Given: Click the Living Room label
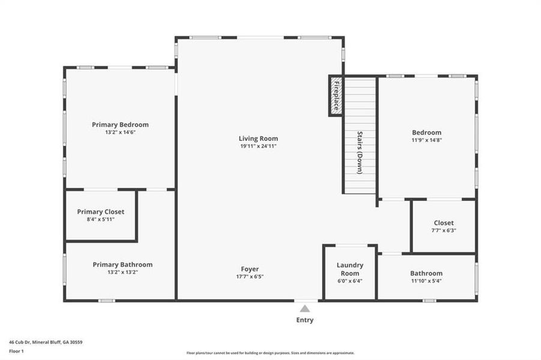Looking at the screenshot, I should tap(258, 139).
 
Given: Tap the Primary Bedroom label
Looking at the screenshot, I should tap(120, 125).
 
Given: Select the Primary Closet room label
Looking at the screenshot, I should tap(101, 212).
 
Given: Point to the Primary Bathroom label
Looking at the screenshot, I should tap(122, 265).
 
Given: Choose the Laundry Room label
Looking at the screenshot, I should tap(349, 269).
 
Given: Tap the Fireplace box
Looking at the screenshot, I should tap(336, 95).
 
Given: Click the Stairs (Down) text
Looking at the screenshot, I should tap(360, 152).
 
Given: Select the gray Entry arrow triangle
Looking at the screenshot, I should tap(305, 308).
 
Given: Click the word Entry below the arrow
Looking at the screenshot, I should tap(305, 320).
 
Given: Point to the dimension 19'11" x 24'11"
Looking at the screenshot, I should tap(258, 146).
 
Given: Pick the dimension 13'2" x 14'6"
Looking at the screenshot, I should tap(120, 132).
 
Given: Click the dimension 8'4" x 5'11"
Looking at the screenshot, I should tap(101, 219).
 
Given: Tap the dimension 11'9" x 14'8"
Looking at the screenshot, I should tap(426, 140).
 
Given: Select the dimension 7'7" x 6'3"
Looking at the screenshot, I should tap(444, 230).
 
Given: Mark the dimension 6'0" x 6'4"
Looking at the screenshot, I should tap(349, 280).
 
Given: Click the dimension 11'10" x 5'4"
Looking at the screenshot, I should tap(426, 280).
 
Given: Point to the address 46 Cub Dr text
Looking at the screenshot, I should tap(46, 342).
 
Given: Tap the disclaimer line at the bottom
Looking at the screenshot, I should tap(270, 353).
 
